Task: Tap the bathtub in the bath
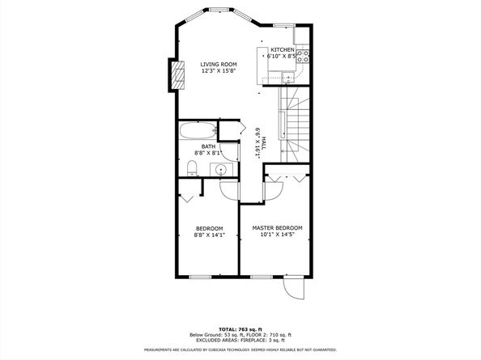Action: coord(198,129)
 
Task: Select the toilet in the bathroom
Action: coord(192,168)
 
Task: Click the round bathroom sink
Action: coord(220,169)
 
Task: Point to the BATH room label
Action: coord(208,146)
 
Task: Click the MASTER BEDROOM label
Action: coord(277,228)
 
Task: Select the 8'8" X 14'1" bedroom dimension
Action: coord(208,235)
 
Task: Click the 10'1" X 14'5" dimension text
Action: coord(277,235)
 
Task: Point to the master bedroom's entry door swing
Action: coord(272,188)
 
